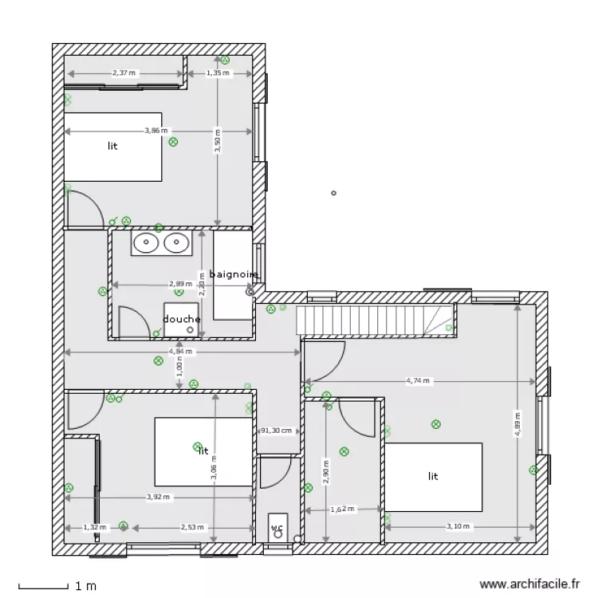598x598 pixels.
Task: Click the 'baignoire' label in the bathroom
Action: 234,274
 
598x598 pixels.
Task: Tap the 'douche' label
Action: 182,319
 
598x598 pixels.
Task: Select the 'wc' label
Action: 277,528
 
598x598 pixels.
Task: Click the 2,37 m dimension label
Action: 124,73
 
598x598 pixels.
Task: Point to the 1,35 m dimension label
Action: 218,73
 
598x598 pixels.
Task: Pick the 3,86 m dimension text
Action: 156,130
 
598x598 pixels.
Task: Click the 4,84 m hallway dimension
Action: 179,352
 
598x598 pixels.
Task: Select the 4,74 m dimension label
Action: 418,381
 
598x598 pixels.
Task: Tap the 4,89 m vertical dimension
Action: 517,425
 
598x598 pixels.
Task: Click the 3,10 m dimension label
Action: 458,526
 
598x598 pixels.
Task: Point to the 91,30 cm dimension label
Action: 276,431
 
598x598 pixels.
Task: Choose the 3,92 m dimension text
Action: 158,497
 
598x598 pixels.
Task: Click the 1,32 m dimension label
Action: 94,526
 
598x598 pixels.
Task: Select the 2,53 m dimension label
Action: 191,526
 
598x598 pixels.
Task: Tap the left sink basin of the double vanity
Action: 146,242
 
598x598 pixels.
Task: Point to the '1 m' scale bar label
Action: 85,586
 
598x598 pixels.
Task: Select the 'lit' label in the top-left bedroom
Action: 112,147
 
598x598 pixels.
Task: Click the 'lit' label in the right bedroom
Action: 433,476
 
